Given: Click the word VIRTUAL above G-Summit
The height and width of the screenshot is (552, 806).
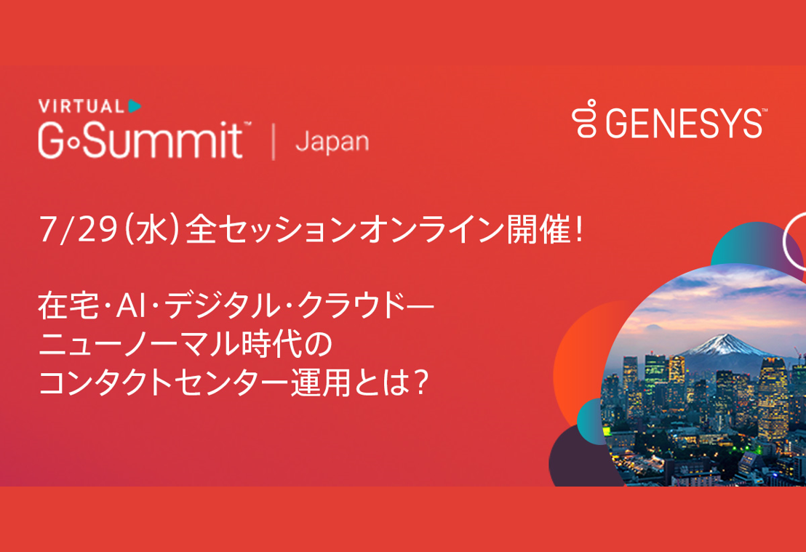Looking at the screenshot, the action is (81, 106).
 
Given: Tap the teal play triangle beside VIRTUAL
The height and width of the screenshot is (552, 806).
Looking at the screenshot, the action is (134, 106).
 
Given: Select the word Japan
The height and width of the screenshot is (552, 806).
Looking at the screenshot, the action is (332, 143).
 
